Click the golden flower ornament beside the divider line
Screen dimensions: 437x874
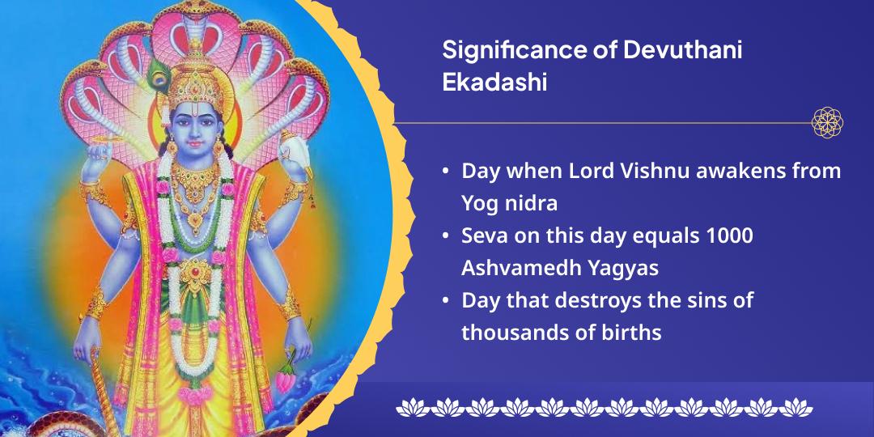pyautogui.click(x=827, y=123)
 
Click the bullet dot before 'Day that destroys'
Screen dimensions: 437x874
pyautogui.click(x=446, y=301)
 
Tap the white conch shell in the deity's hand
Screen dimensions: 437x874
pyautogui.click(x=294, y=154)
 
